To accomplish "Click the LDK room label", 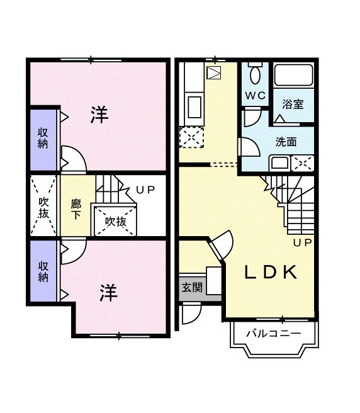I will coord(270,272).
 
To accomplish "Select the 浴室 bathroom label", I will coord(293,104).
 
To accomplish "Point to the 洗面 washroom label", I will coord(286,142).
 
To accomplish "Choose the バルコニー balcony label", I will coord(273,334).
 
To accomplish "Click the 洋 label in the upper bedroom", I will coord(98,115).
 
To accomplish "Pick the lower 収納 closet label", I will coord(43,271).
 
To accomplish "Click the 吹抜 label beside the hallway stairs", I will coord(116,221).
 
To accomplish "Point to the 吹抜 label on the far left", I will coord(43,208).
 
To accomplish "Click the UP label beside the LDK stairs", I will coord(301,242).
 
